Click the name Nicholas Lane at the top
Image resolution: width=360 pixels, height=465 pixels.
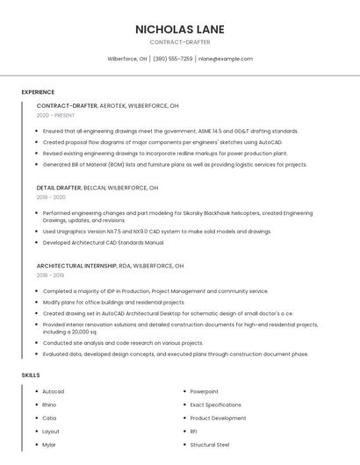[180, 29]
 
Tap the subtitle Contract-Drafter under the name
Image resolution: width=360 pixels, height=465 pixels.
[180, 42]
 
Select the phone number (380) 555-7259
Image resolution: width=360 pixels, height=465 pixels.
[173, 59]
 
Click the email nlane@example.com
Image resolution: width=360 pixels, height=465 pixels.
[225, 59]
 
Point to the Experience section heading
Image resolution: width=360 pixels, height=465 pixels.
[38, 92]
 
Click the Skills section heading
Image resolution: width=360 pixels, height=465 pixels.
[31, 375]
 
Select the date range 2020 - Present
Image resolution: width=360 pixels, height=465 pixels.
[55, 115]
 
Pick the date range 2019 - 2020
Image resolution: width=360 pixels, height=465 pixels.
[51, 197]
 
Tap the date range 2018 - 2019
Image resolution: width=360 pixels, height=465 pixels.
[50, 275]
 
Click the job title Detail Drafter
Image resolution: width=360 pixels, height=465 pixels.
[59, 188]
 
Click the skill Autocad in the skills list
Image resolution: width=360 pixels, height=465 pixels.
[54, 391]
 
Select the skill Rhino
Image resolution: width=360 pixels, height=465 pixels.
[49, 404]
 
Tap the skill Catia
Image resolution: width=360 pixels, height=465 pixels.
[49, 418]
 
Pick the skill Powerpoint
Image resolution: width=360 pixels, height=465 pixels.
[204, 391]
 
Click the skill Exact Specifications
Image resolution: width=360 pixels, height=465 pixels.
[215, 404]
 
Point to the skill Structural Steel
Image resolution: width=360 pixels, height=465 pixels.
[210, 445]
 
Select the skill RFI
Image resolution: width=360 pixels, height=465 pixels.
[194, 431]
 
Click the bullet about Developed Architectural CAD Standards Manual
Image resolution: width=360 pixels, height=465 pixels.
[104, 242]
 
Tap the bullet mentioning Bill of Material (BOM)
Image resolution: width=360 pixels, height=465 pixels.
[175, 164]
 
